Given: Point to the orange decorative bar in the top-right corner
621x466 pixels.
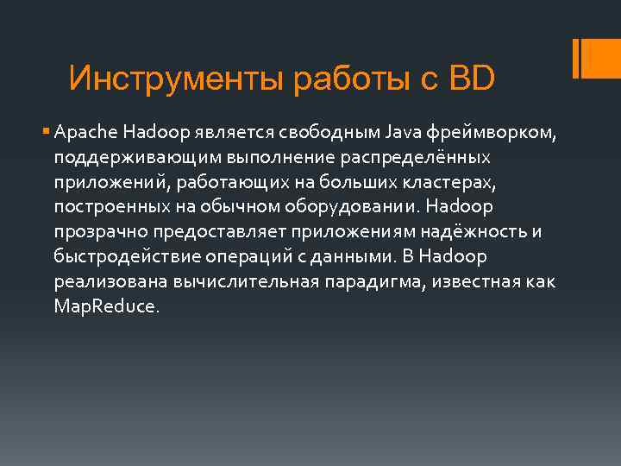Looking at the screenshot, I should click(580, 58).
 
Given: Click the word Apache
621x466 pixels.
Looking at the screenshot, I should click(85, 134).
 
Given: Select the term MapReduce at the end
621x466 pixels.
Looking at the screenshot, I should click(105, 307).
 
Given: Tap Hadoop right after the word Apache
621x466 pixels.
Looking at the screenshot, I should click(151, 134).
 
